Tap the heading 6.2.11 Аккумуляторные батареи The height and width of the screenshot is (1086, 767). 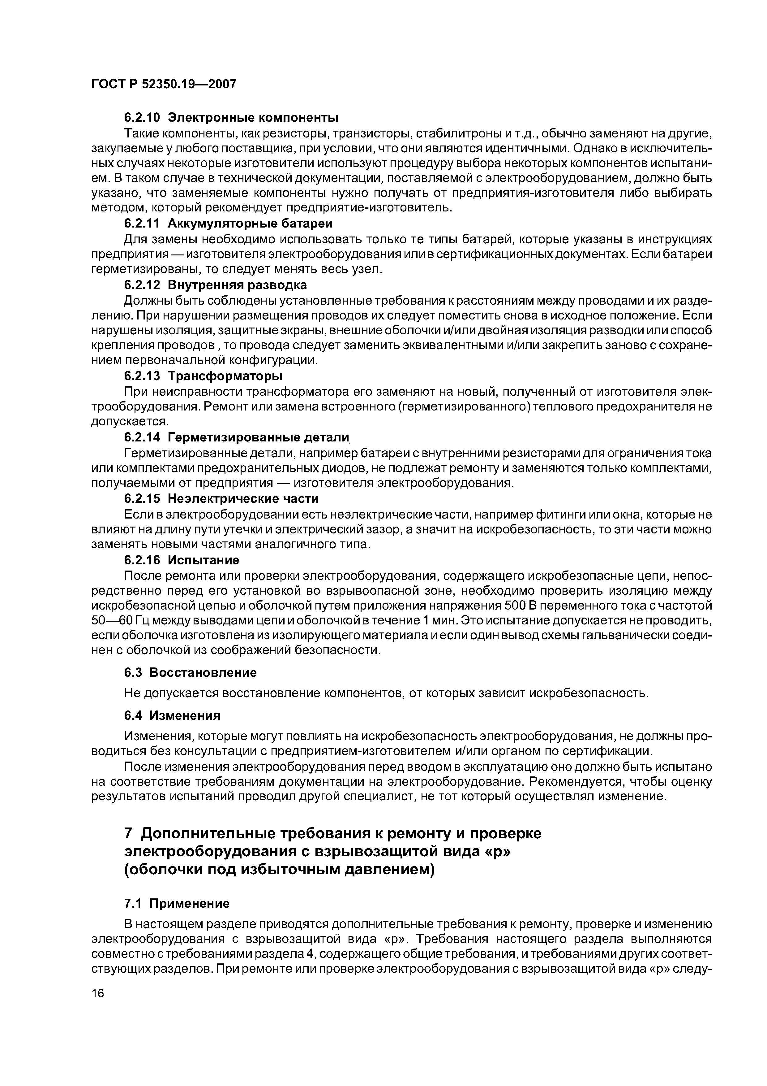click(x=228, y=223)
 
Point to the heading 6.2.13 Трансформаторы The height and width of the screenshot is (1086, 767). click(x=203, y=376)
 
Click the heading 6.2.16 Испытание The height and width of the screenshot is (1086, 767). click(x=182, y=560)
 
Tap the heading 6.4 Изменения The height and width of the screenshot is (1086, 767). click(x=172, y=716)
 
